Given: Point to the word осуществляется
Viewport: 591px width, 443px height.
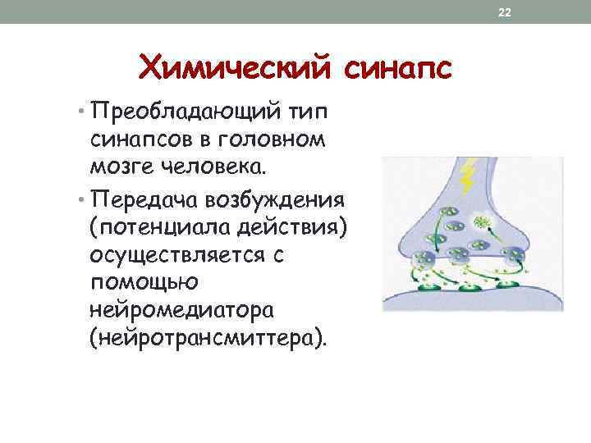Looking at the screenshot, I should tap(177, 255).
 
